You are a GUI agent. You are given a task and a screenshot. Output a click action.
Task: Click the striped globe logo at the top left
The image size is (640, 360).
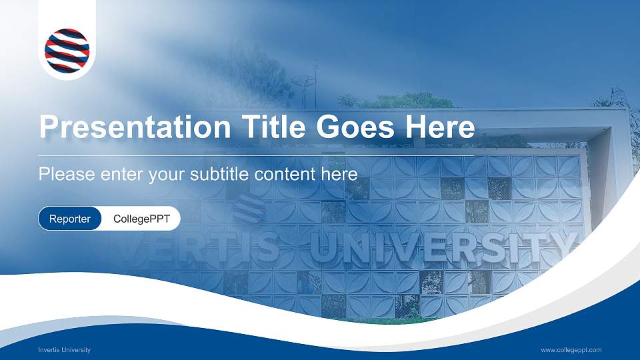point(67,51)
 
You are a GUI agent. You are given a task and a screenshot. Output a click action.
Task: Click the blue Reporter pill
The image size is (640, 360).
point(70,219)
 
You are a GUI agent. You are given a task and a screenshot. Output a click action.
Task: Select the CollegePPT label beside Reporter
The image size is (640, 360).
point(142,219)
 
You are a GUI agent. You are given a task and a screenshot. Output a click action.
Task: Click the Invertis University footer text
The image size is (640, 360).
point(65,350)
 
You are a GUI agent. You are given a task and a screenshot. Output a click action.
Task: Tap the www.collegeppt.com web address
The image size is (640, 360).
point(571,350)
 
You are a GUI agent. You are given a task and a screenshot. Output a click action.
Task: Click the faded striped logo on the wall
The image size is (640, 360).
point(249,209)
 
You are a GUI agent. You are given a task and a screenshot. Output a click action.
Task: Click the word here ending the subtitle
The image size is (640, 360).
point(340,175)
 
